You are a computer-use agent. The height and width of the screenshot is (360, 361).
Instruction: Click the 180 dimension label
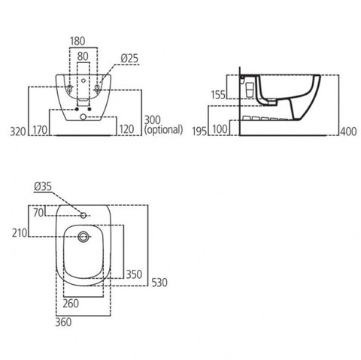pos(77,41)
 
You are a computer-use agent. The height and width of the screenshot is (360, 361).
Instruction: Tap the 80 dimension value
pos(83,56)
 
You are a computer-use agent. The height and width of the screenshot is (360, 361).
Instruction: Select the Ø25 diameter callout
pos(129,59)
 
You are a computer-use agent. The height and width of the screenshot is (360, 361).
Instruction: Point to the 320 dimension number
pos(18,132)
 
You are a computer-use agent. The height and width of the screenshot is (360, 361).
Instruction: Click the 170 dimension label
pos(40,130)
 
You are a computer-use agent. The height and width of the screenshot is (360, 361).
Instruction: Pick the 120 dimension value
pos(126,129)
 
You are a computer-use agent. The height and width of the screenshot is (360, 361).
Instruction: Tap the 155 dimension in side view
pos(218,95)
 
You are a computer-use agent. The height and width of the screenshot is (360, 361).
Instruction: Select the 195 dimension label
pos(199,132)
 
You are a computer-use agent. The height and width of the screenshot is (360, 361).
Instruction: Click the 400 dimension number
pos(348,132)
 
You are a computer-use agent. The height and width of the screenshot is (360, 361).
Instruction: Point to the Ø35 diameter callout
pos(43,186)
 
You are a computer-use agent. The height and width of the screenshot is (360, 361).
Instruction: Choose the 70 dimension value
pos(38,213)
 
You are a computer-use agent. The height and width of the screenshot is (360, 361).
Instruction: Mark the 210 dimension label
pos(20,233)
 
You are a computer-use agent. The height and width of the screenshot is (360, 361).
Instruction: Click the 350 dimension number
pos(134,274)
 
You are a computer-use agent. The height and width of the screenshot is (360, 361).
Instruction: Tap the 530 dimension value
pos(159,283)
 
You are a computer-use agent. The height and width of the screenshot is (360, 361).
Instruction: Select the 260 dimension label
pos(71,304)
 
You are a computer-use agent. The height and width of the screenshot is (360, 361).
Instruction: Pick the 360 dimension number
pos(63,322)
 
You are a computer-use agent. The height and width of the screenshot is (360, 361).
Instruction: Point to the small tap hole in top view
pos(83,215)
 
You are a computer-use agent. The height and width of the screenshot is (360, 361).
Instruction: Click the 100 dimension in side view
pos(220,129)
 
